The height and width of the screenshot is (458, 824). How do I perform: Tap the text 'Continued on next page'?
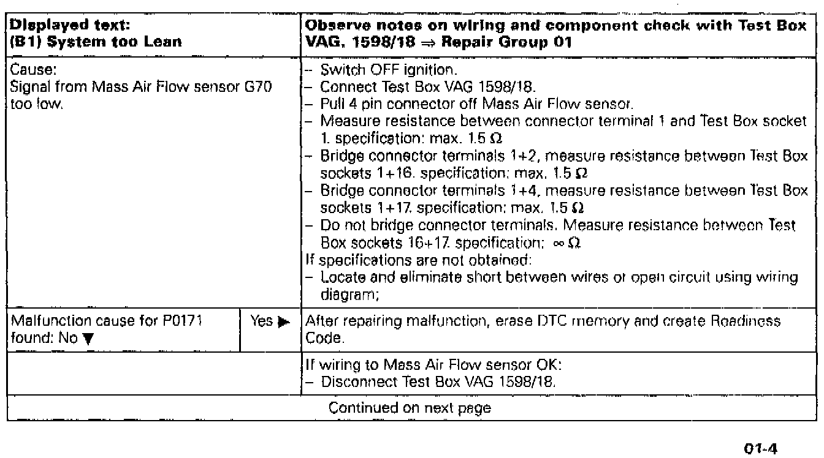pyautogui.click(x=410, y=408)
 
